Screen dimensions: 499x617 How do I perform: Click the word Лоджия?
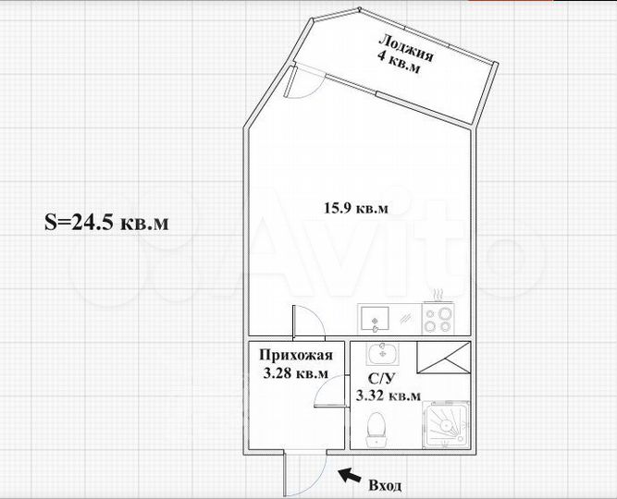click(x=405, y=47)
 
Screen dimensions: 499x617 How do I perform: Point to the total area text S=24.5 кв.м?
click(x=107, y=223)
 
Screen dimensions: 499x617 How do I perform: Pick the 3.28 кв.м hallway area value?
click(x=294, y=373)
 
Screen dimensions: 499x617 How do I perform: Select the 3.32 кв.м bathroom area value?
click(x=388, y=396)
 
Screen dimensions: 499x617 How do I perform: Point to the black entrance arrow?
click(x=349, y=476)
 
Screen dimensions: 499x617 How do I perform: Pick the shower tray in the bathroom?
click(x=443, y=428)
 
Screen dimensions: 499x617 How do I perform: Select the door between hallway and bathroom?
click(x=328, y=396)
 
